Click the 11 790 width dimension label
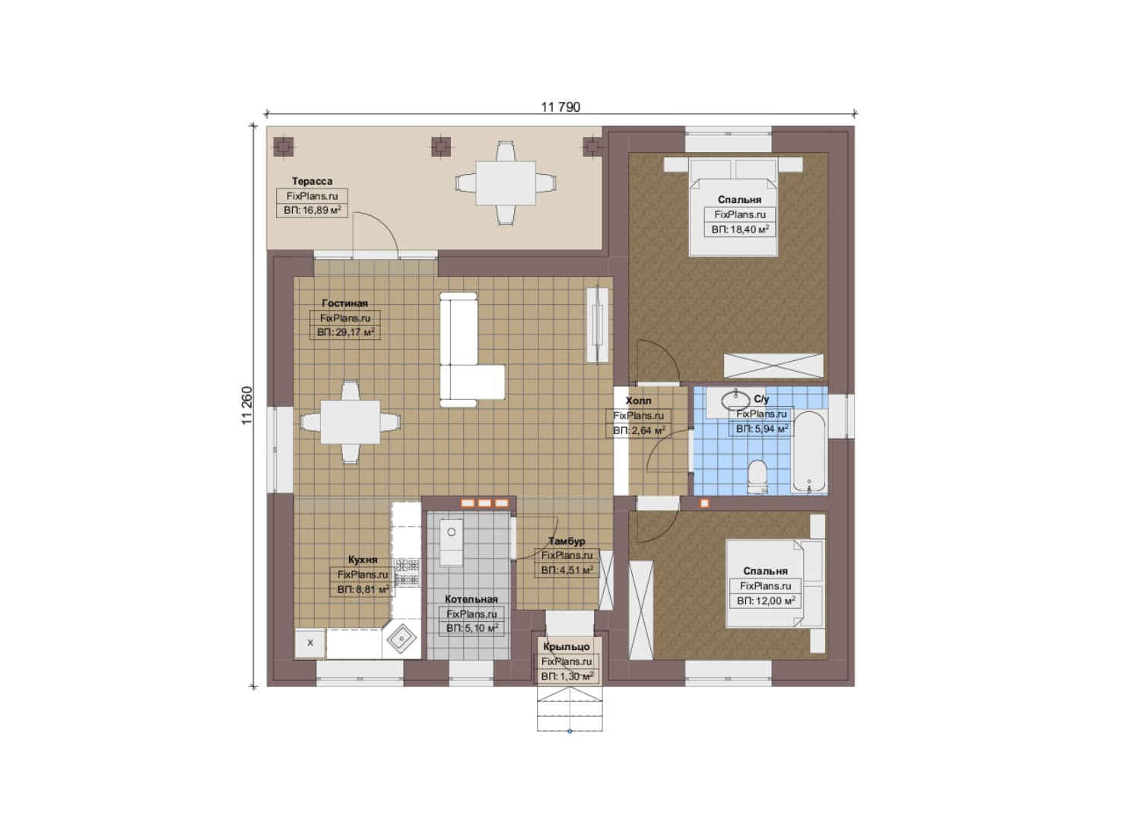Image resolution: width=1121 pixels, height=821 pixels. pos(560,107)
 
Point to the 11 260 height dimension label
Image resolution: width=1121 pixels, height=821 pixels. pos(247,406)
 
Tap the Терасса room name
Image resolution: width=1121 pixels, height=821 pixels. pos(312,181)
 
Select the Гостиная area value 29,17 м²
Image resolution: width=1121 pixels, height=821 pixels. pos(345,331)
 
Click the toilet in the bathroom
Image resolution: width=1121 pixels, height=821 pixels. pos(757,477)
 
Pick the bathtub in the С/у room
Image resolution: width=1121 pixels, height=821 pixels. pos(808,452)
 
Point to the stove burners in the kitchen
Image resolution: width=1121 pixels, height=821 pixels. pos(407,572)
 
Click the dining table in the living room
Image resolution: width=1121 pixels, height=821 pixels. pos(350,422)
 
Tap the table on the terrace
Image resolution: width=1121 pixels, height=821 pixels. pos(506,182)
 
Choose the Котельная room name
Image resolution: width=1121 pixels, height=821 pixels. pos(471,599)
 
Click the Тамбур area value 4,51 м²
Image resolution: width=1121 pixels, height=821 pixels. pos(567,570)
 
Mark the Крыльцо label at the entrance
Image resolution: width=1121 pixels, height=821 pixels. pos(567,646)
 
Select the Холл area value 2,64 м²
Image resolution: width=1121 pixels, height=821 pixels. pos(639,430)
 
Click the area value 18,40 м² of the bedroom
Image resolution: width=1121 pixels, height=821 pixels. pos(740,229)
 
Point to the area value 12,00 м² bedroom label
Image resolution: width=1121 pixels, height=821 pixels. pos(765,601)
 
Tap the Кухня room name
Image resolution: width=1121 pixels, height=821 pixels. pos(363,559)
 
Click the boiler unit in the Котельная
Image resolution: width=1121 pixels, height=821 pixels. pos(451,542)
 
